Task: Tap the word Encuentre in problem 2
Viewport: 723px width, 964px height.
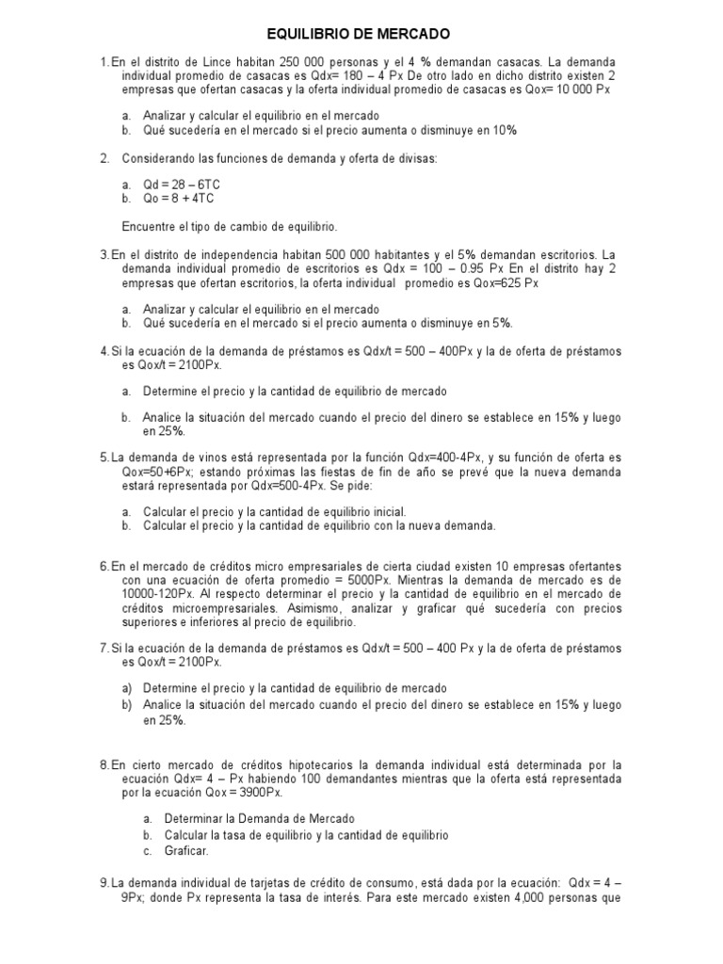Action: click(150, 227)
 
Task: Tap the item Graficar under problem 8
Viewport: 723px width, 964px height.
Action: click(186, 849)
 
